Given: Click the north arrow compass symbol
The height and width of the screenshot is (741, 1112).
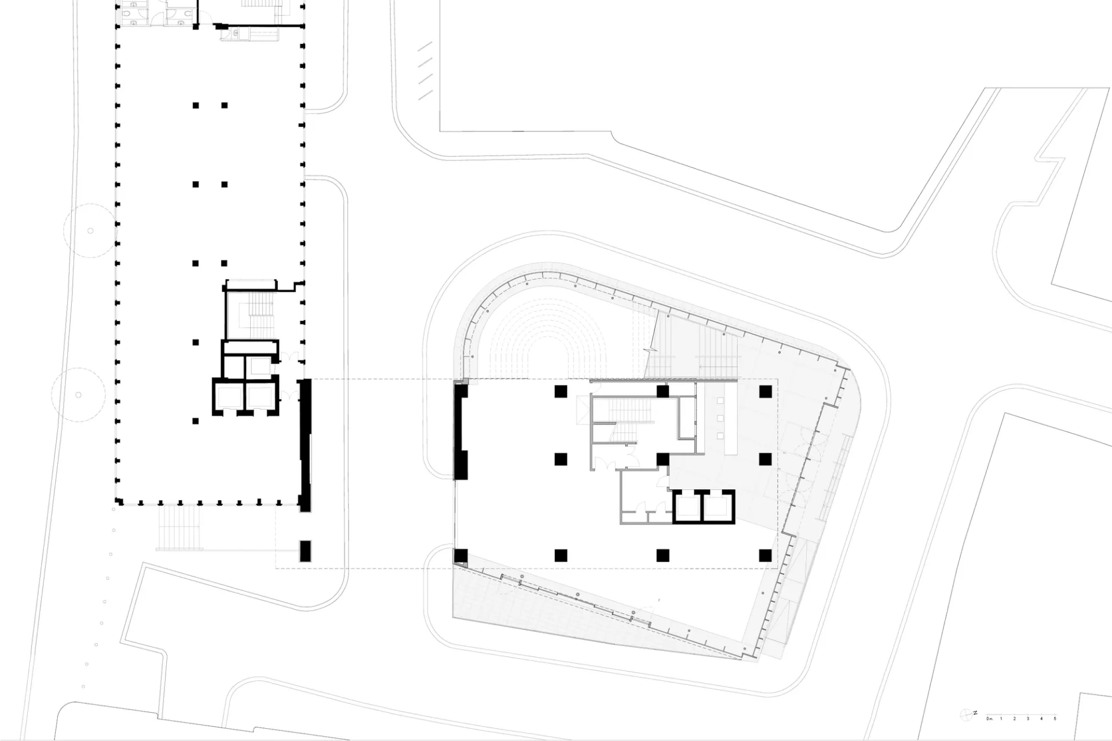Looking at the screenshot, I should click(x=966, y=715).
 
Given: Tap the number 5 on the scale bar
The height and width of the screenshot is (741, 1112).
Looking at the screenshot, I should click(x=1055, y=719).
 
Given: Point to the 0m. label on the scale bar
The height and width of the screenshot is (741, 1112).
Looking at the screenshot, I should click(x=989, y=719).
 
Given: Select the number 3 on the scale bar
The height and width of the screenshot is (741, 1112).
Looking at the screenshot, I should click(x=1028, y=719).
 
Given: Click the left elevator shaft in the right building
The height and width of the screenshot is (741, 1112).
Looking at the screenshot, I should click(x=687, y=507).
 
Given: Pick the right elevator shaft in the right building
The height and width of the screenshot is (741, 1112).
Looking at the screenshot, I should click(x=718, y=507).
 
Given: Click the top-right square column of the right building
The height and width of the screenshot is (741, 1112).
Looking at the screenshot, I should click(x=765, y=391).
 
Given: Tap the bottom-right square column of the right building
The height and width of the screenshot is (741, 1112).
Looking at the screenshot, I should click(x=765, y=556).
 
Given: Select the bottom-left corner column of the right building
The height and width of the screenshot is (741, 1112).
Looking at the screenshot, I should click(x=460, y=556).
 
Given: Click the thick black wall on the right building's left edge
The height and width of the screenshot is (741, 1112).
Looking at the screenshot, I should click(x=460, y=431).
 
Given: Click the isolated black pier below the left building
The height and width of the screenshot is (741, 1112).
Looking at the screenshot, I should click(x=305, y=551).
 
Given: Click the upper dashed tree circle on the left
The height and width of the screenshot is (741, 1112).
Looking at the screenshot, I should click(x=90, y=230).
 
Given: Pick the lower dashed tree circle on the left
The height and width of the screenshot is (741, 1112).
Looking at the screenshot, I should click(x=78, y=395).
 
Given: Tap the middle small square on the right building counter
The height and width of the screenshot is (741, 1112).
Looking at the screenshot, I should click(x=720, y=418).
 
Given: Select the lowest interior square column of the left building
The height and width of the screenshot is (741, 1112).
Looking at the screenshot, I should click(x=196, y=421).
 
